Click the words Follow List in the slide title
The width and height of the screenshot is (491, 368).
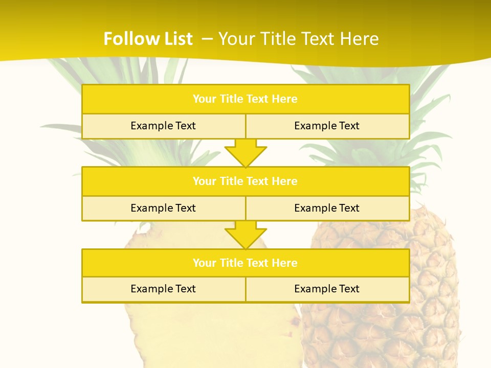pyautogui.click(x=148, y=39)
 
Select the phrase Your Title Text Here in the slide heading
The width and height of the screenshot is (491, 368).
pyautogui.click(x=299, y=39)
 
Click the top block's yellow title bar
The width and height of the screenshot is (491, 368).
pyautogui.click(x=245, y=99)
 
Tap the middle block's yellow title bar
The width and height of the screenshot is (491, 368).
pyautogui.click(x=245, y=181)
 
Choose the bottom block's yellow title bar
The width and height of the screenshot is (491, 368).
pyautogui.click(x=245, y=263)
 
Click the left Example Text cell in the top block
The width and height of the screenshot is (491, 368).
pyautogui.click(x=163, y=126)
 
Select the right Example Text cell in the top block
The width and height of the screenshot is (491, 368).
pyautogui.click(x=327, y=126)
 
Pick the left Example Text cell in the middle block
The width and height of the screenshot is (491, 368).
pyautogui.click(x=163, y=208)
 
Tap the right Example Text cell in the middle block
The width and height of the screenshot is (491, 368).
pyautogui.click(x=327, y=208)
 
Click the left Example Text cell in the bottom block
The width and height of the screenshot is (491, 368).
pyautogui.click(x=163, y=289)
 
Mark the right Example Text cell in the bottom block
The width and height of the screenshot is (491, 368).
pyautogui.click(x=327, y=289)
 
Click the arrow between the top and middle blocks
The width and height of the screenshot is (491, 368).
pyautogui.click(x=245, y=153)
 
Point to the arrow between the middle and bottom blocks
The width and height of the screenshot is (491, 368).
pyautogui.click(x=245, y=235)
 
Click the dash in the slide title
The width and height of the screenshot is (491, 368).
pyautogui.click(x=207, y=39)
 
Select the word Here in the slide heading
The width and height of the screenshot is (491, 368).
pyautogui.click(x=361, y=39)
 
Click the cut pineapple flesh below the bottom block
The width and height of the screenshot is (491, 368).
pyautogui.click(x=205, y=332)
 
